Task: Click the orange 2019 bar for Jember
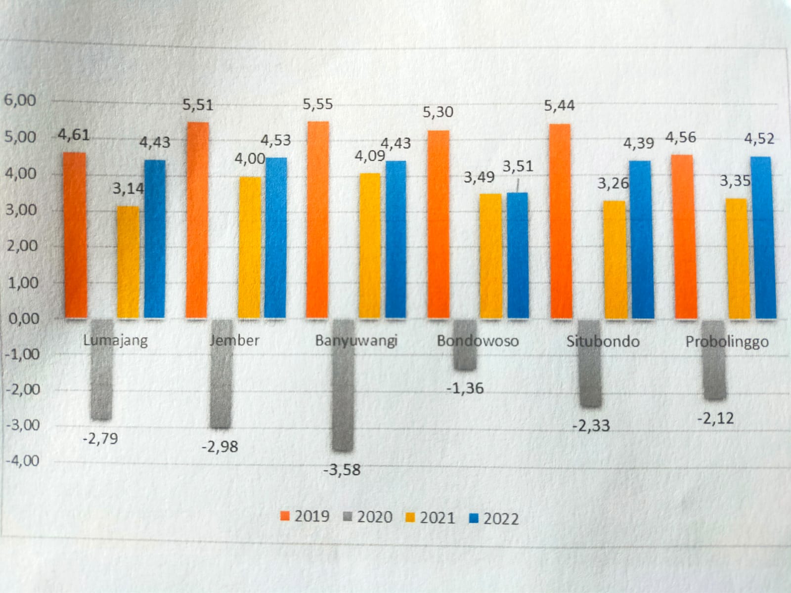pyautogui.click(x=197, y=220)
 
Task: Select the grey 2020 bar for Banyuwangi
pyautogui.click(x=343, y=385)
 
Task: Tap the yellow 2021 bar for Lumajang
pyautogui.click(x=128, y=262)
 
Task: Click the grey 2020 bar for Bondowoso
pyautogui.click(x=465, y=345)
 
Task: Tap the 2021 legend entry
pyautogui.click(x=430, y=517)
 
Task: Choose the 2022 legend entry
pyautogui.click(x=493, y=518)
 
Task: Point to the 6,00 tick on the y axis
pyautogui.click(x=20, y=100)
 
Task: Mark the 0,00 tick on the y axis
pyautogui.click(x=24, y=319)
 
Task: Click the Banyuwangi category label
pyautogui.click(x=356, y=340)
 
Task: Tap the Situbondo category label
pyautogui.click(x=603, y=341)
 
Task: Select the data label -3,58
pyautogui.click(x=342, y=469)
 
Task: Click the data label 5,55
pyautogui.click(x=318, y=104)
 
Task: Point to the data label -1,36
pyautogui.click(x=465, y=388)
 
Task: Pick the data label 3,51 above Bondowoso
pyautogui.click(x=518, y=167)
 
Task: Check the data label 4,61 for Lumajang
pyautogui.click(x=74, y=134)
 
